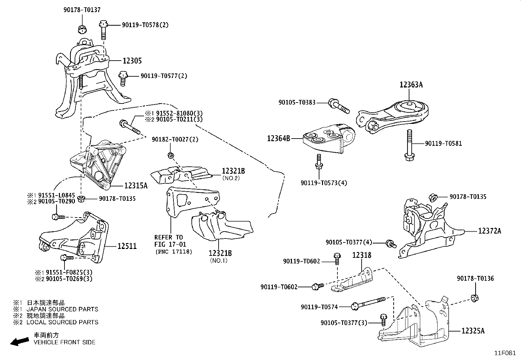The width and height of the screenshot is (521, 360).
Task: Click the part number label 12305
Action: [x=132, y=61]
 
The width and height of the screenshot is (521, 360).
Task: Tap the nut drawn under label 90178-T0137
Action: [x=82, y=29]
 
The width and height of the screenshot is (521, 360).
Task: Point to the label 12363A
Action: [x=411, y=85]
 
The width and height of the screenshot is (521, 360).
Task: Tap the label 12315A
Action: [x=136, y=186]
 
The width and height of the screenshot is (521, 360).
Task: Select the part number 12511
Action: [x=127, y=246]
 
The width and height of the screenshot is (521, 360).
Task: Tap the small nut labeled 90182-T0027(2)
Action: [x=170, y=155]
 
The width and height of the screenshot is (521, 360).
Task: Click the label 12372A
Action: [x=489, y=231]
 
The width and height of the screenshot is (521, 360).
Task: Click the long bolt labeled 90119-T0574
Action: [x=370, y=303]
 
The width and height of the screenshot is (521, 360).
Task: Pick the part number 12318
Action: [x=362, y=255]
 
